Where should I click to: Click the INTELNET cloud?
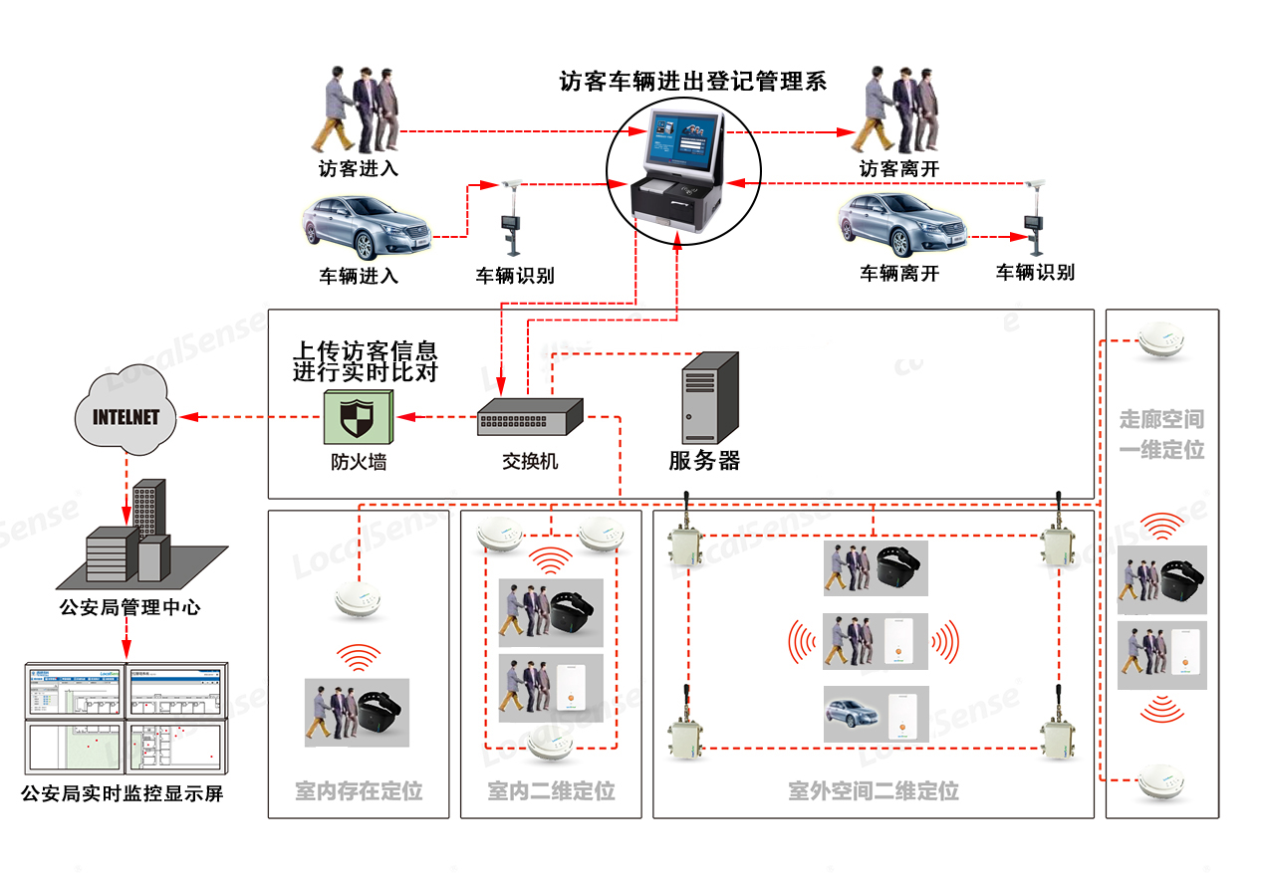(x=126, y=415)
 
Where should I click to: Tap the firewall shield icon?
(x=358, y=417)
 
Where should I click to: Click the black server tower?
(x=709, y=398)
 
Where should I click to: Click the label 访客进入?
(x=359, y=169)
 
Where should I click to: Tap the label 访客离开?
(x=899, y=170)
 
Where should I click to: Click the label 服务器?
(x=705, y=461)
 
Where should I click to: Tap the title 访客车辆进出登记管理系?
(x=693, y=82)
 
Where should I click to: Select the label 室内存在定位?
(x=359, y=791)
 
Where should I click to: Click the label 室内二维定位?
(x=551, y=791)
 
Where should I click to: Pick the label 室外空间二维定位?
(x=874, y=791)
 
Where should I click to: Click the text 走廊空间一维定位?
(x=1161, y=435)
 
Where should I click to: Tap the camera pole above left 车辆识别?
(x=513, y=219)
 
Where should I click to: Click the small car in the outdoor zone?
(x=852, y=713)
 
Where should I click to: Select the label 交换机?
(x=530, y=462)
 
